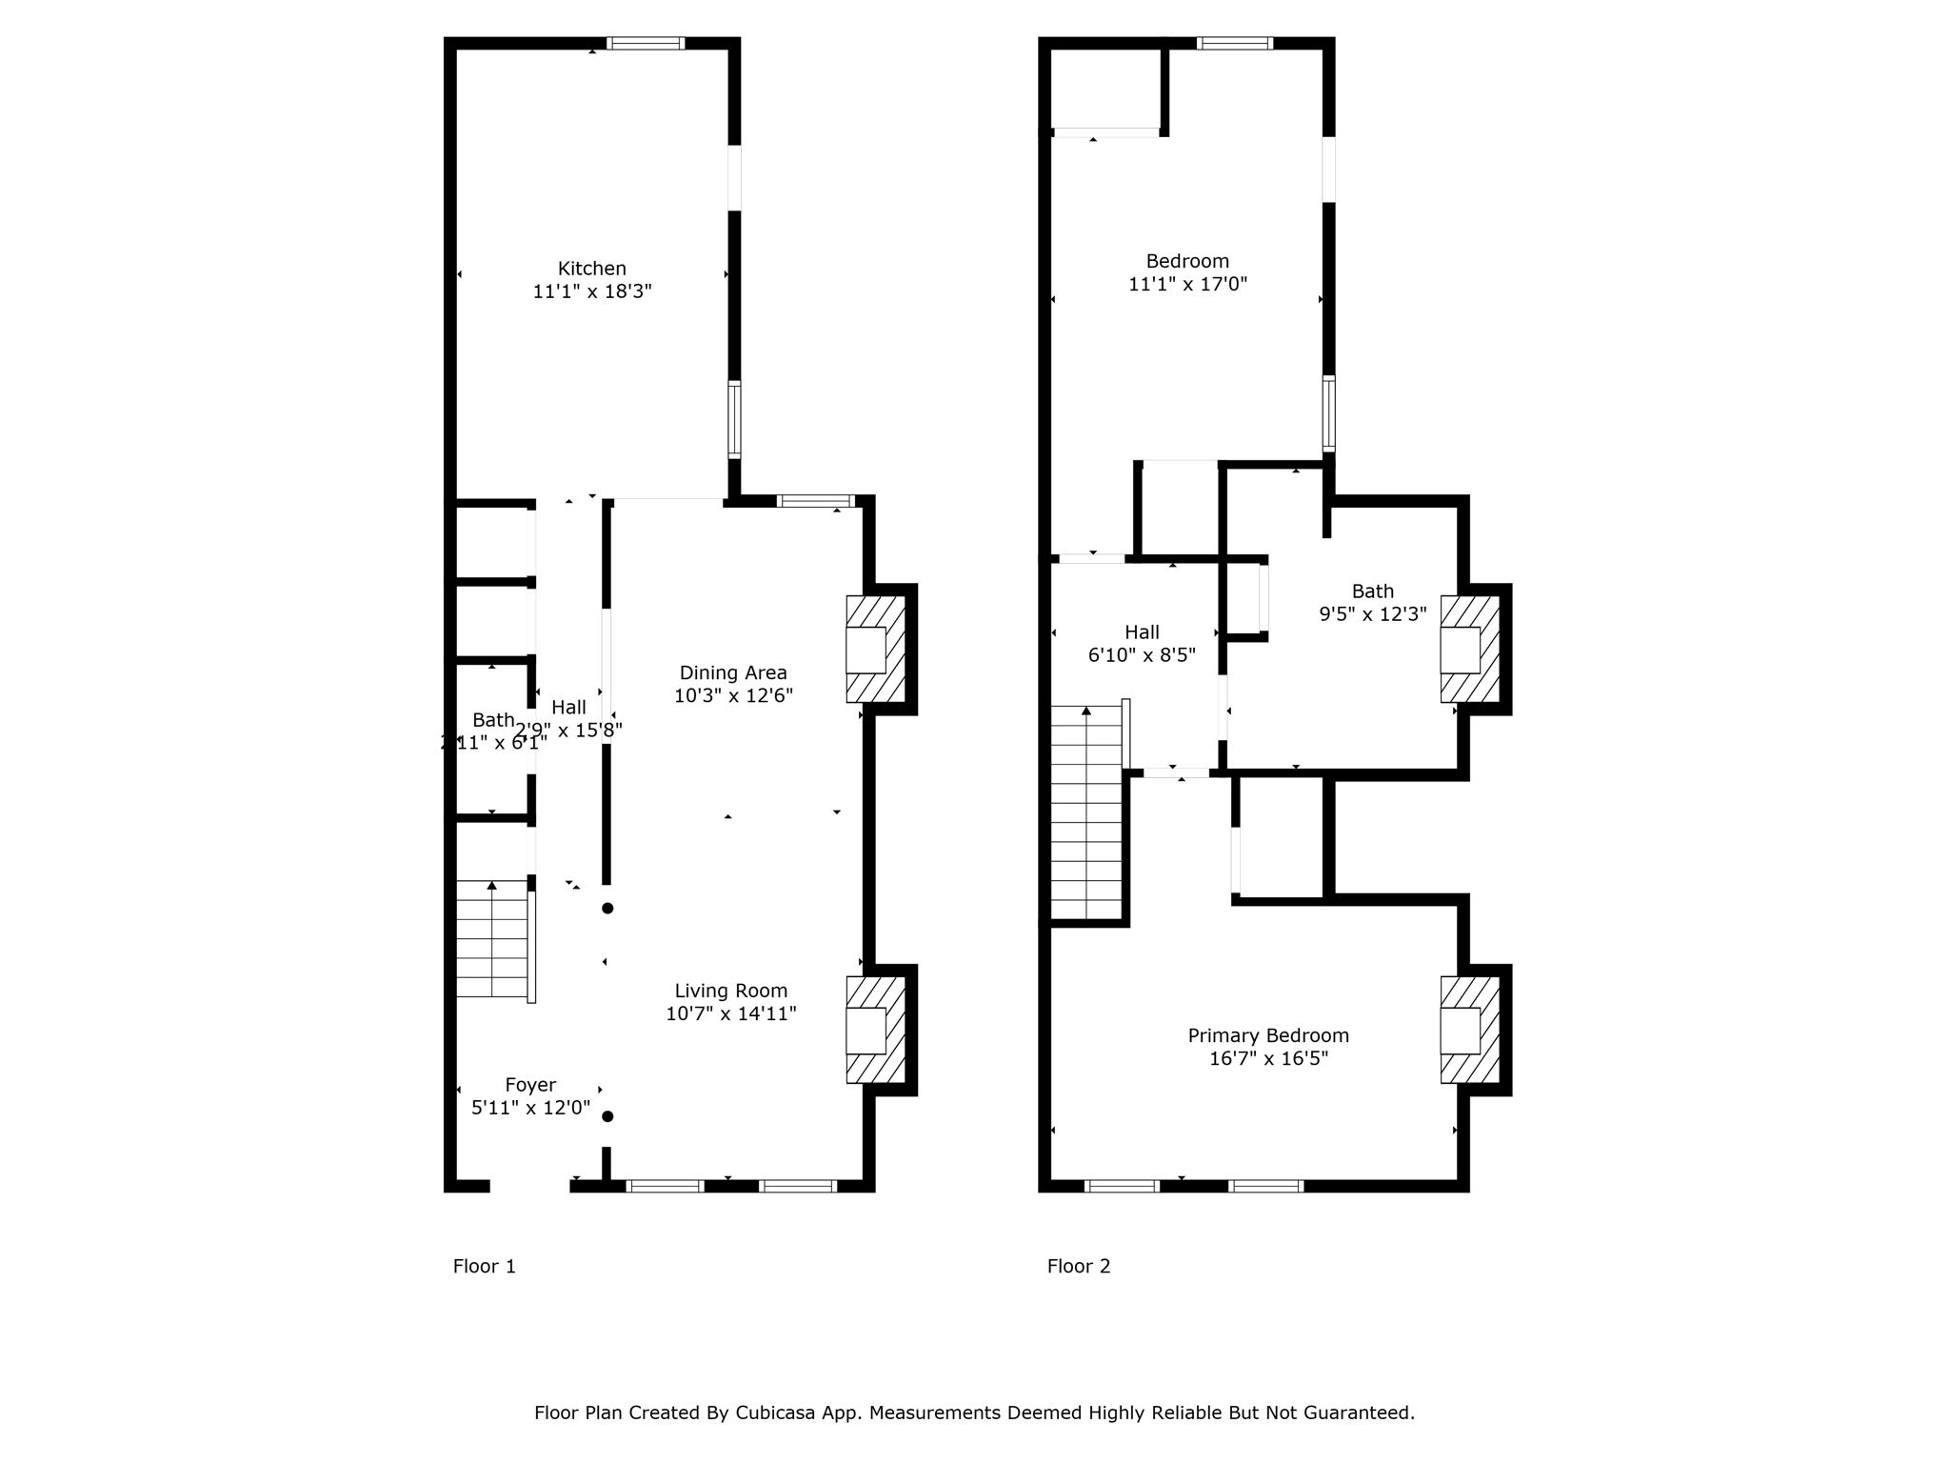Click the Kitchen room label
[x=591, y=269]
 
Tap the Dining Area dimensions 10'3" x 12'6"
[x=733, y=696]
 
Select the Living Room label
[x=730, y=991]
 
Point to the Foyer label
[x=530, y=1085]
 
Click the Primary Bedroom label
[x=1268, y=1035]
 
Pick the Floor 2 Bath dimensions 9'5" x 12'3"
[x=1372, y=614]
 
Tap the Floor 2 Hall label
[x=1142, y=632]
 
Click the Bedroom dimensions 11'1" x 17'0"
[x=1187, y=284]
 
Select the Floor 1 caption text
[x=484, y=1266]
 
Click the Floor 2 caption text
[x=1079, y=1266]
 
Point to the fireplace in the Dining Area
[x=874, y=650]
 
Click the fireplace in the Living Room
[x=874, y=1030]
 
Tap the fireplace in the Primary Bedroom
[x=1468, y=1030]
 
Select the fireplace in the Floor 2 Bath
[x=1468, y=650]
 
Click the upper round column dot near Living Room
[x=607, y=909]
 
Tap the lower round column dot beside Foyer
[x=607, y=1116]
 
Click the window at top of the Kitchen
[x=646, y=43]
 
